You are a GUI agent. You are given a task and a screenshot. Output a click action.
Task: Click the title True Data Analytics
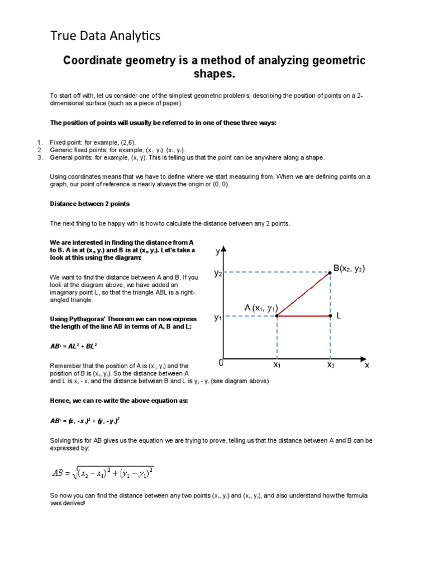pyautogui.click(x=106, y=36)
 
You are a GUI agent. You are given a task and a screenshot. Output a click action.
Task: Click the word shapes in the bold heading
pyautogui.click(x=214, y=74)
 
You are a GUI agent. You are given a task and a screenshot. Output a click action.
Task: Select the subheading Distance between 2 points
pyautogui.click(x=90, y=204)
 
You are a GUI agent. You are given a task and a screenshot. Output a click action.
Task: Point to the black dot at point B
pyautogui.click(x=330, y=273)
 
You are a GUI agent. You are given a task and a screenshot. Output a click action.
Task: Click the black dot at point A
pyautogui.click(x=278, y=316)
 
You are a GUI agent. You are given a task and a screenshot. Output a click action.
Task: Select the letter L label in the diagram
pyautogui.click(x=339, y=316)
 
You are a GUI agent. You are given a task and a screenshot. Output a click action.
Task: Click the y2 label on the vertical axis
pyautogui.click(x=218, y=273)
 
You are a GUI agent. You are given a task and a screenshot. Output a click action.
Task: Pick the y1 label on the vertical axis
pyautogui.click(x=218, y=317)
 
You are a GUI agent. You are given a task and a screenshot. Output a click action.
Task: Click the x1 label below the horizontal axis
pyautogui.click(x=277, y=364)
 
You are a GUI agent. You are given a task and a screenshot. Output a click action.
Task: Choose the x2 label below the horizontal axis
pyautogui.click(x=331, y=364)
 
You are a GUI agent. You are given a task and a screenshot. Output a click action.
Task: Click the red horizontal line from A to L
pyautogui.click(x=304, y=316)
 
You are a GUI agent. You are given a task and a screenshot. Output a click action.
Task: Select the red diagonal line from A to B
pyautogui.click(x=304, y=294)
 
